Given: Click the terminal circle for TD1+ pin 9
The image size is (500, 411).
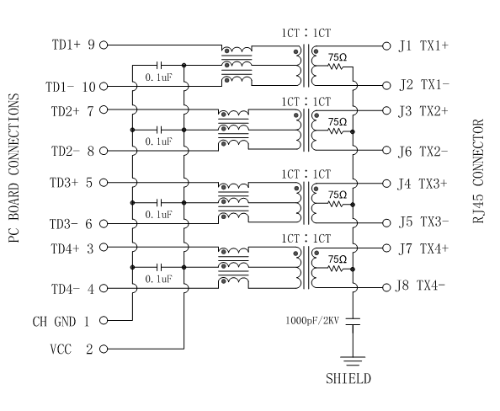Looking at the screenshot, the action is pyautogui.click(x=104, y=45).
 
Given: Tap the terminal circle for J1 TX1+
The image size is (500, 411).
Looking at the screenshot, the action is pyautogui.click(x=386, y=46).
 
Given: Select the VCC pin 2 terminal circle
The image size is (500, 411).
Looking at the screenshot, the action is pyautogui.click(x=104, y=349).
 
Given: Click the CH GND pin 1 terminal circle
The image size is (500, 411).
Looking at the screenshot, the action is pyautogui.click(x=104, y=320).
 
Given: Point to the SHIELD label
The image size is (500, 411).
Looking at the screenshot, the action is pyautogui.click(x=348, y=379).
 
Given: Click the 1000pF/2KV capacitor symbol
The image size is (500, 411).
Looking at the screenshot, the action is pyautogui.click(x=353, y=322).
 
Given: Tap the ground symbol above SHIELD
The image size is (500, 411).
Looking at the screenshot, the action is pyautogui.click(x=353, y=361).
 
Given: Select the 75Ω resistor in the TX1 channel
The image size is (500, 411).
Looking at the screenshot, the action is pyautogui.click(x=336, y=67).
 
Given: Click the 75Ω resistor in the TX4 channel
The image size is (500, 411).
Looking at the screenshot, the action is pyautogui.click(x=336, y=269).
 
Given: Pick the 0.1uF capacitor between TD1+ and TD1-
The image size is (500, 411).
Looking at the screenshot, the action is pyautogui.click(x=160, y=66).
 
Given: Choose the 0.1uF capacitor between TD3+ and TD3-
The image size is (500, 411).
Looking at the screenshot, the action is pyautogui.click(x=160, y=203).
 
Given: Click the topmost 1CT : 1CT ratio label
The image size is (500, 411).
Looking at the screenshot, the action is pyautogui.click(x=306, y=33).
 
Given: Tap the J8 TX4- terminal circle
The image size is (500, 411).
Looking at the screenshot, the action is pyautogui.click(x=386, y=287).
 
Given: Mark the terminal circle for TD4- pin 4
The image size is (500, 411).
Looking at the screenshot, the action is pyautogui.click(x=104, y=288).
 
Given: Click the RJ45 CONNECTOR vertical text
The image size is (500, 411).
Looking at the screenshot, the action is pyautogui.click(x=478, y=171).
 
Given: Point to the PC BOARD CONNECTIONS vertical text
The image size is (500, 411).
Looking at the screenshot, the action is pyautogui.click(x=13, y=168).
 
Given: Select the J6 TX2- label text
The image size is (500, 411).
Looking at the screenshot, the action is pyautogui.click(x=423, y=152).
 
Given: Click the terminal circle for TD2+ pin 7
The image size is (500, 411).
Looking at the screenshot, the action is pyautogui.click(x=104, y=109).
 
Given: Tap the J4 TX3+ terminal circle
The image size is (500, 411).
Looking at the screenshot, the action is pyautogui.click(x=386, y=184).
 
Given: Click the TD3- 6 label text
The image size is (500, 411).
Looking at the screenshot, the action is pyautogui.click(x=71, y=224).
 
